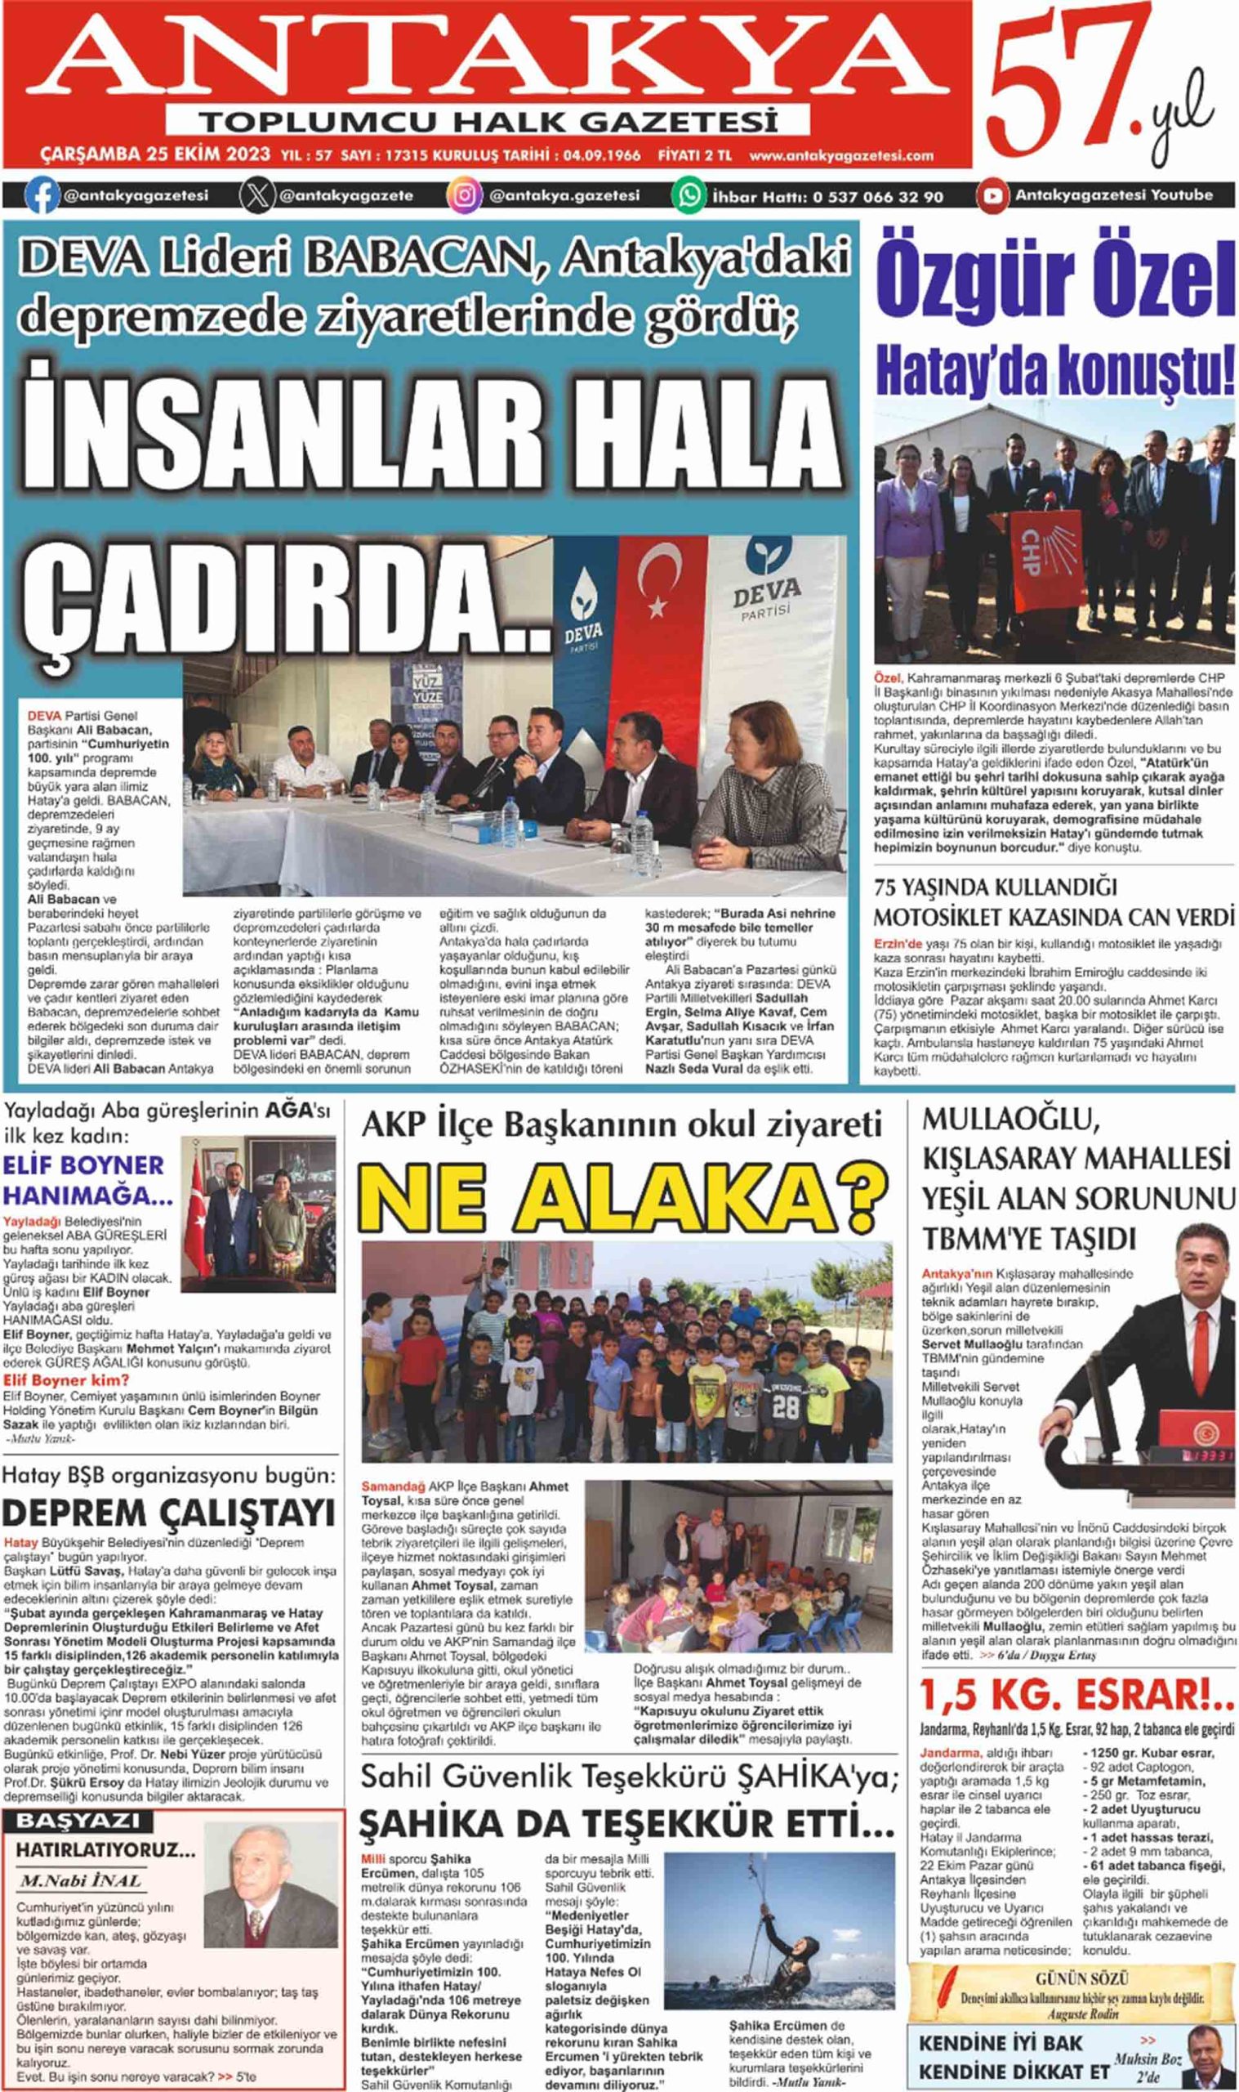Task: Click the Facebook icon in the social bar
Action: tap(42, 196)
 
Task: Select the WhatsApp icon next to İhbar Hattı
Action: tap(689, 196)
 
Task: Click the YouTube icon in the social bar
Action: tap(992, 196)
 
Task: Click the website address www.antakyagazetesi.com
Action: tap(840, 155)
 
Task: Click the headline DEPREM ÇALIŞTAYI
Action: tap(170, 1513)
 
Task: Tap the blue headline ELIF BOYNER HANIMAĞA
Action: tap(87, 1180)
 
